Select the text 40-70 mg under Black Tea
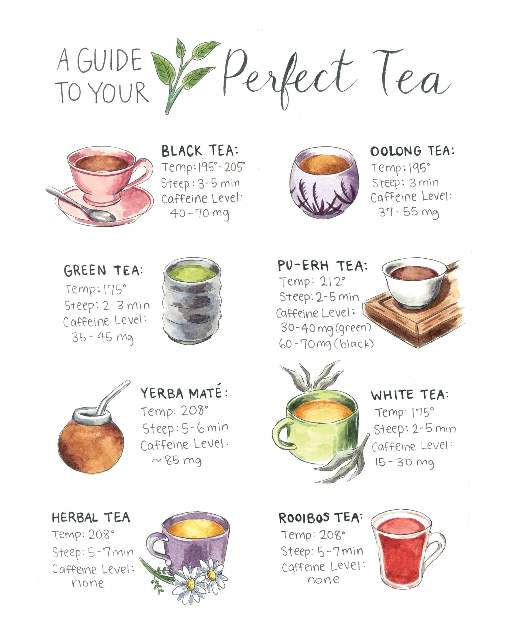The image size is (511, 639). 199,213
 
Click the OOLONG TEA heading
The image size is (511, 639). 412,151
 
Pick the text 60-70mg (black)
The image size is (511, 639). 326,344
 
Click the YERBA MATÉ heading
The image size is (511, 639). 184,393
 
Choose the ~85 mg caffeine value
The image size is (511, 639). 177,460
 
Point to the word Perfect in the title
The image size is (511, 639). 289,76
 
